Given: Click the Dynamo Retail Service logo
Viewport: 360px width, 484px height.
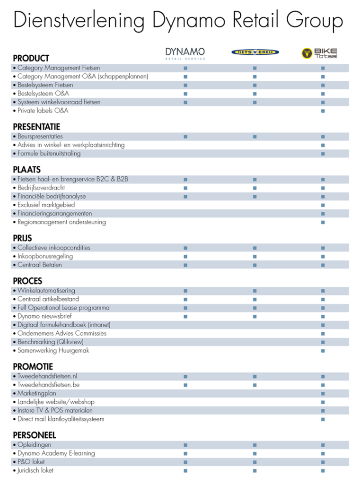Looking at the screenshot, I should click(185, 53).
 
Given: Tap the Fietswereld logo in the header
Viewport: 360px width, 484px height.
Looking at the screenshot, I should click(255, 52).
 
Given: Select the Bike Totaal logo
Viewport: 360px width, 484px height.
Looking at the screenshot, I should click(319, 53).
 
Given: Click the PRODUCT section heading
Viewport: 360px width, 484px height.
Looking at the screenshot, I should click(31, 58).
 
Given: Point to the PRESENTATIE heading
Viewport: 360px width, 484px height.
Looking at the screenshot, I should click(36, 127).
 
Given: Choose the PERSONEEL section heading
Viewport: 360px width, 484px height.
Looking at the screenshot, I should click(35, 435).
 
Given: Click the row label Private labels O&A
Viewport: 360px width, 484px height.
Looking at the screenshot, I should click(43, 111).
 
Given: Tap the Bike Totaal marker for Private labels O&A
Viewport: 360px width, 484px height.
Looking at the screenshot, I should click(323, 111).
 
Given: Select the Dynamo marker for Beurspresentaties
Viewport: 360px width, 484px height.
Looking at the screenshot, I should click(185, 137).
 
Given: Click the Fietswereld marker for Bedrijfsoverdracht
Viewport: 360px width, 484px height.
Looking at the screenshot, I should click(255, 188).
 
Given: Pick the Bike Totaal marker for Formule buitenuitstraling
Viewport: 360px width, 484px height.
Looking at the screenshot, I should click(323, 154).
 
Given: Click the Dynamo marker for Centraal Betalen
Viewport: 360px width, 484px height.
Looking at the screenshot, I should click(185, 265).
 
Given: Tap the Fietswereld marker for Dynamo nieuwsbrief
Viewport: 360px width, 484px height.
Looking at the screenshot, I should click(255, 317).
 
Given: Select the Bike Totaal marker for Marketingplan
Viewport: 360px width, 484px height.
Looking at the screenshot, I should click(323, 393).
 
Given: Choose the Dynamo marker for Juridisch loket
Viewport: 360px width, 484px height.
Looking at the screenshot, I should click(185, 471).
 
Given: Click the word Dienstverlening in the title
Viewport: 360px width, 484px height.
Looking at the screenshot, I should click(79, 21).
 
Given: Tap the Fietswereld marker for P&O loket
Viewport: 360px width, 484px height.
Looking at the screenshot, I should click(255, 462).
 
